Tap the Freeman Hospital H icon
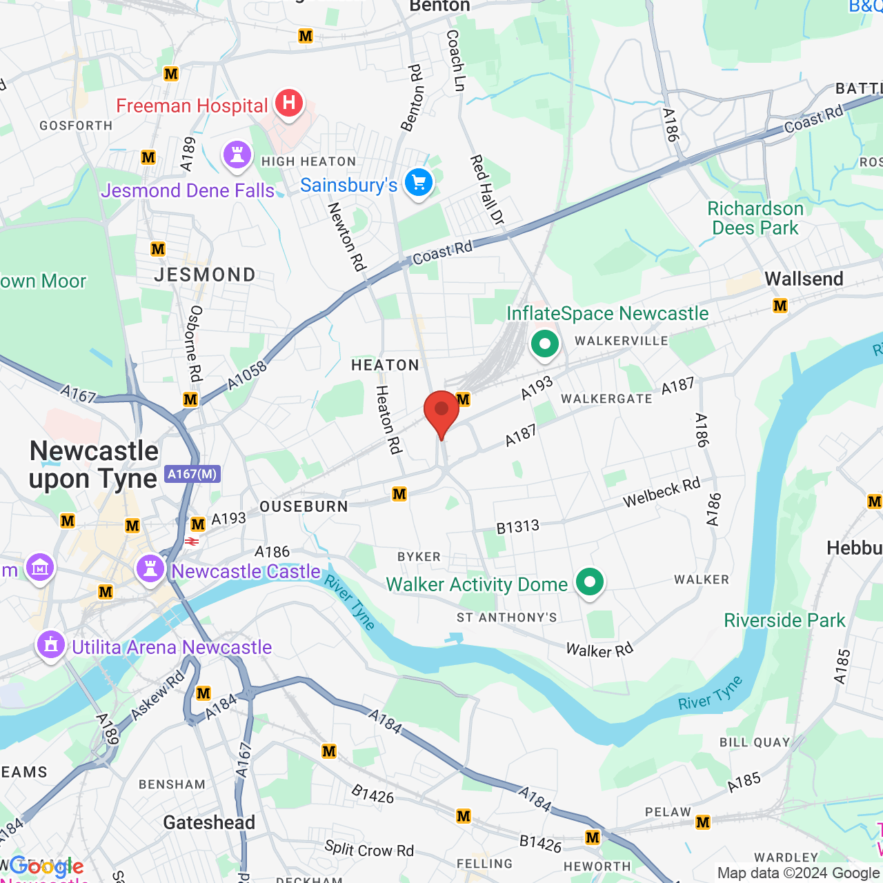(289, 103)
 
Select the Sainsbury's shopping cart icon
(419, 183)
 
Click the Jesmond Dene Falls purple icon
(237, 155)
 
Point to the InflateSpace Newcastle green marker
(545, 344)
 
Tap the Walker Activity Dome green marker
(589, 582)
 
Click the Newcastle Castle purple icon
(150, 569)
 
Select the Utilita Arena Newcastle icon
(50, 646)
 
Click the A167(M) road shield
(192, 474)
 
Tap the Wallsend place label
(804, 279)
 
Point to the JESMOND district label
(205, 275)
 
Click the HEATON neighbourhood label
(385, 365)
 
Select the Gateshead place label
(209, 822)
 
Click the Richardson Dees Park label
(755, 218)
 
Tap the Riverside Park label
(784, 620)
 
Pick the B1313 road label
(517, 527)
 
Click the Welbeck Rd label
(661, 493)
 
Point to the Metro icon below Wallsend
(780, 306)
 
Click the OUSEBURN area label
(304, 506)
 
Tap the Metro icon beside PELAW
(703, 822)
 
